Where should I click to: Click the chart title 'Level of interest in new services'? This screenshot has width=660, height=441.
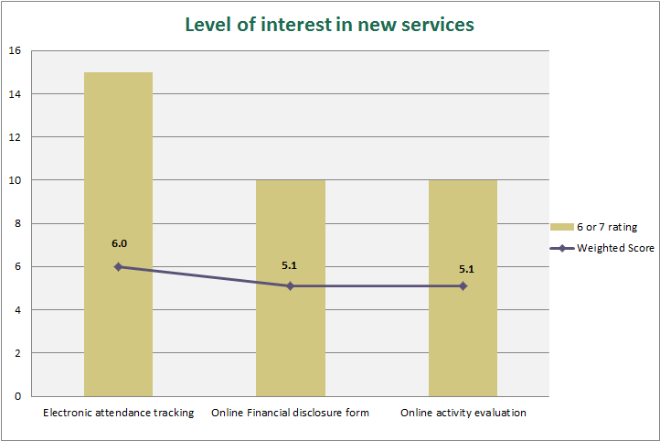329,25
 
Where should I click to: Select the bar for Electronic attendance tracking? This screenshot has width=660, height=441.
118,183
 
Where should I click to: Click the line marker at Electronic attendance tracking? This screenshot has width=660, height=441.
118,266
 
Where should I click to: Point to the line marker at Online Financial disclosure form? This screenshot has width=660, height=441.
290,285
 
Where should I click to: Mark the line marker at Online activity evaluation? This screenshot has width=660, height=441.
463,285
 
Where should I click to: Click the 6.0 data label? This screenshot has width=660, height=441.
119,244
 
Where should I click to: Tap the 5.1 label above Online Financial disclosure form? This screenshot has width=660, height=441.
291,265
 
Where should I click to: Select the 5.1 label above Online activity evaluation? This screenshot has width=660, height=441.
466,269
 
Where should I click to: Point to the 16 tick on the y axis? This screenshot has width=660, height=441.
15,50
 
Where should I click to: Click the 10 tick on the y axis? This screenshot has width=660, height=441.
15,180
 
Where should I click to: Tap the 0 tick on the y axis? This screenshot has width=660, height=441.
17,396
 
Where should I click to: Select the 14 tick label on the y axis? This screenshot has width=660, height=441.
15,93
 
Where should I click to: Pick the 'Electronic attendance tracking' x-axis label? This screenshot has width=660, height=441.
118,413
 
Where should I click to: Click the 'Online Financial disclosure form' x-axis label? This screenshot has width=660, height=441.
290,413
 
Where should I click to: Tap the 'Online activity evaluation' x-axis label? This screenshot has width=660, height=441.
463,413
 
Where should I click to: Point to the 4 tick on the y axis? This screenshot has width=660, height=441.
17,310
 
